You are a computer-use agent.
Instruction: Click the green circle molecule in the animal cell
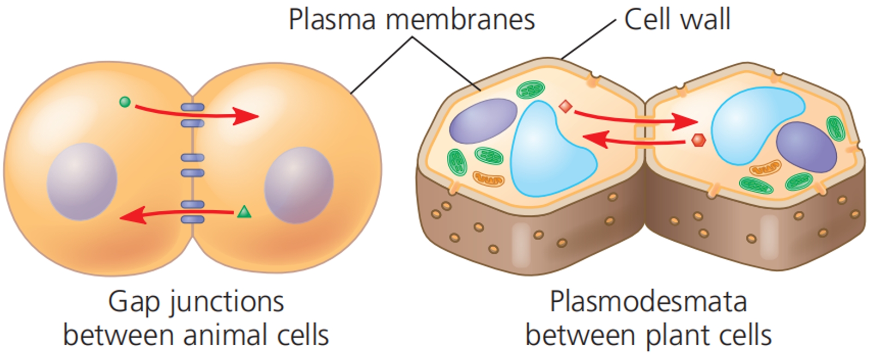125,102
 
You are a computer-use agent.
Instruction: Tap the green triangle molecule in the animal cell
244,212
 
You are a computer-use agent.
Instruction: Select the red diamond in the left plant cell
566,107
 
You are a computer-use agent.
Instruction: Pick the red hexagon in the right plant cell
698,140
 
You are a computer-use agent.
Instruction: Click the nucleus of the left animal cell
82,182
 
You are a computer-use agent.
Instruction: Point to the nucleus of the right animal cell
299,185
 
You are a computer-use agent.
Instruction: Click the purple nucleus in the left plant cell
483,121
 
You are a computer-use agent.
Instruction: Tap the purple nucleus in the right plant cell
806,147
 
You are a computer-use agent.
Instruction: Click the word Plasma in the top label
332,20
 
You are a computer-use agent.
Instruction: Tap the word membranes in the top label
460,20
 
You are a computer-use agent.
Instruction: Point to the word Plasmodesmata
648,302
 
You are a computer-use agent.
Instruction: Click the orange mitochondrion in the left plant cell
488,178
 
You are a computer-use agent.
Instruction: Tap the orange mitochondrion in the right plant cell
765,168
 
